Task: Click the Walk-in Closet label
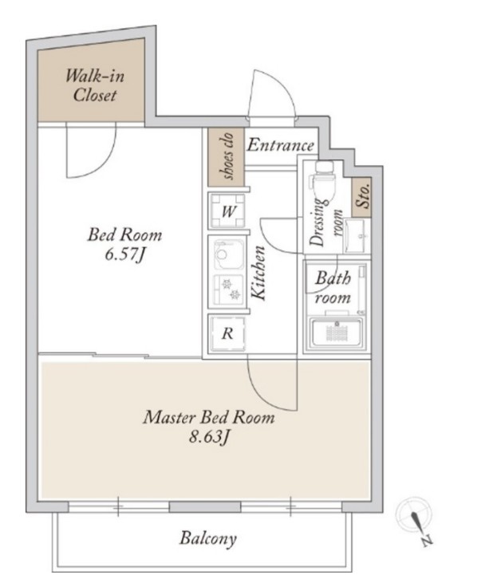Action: pos(95,85)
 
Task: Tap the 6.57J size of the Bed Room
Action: pos(124,254)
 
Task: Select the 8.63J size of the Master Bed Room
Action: pos(209,438)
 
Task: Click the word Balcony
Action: pos(208,538)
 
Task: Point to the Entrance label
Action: pos(280,145)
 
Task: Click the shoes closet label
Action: pos(227,156)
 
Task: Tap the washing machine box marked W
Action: pos(227,211)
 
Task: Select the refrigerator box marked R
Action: pos(227,334)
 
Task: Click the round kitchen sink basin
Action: pos(223,254)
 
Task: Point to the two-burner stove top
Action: pos(229,289)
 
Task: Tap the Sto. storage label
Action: pos(361,198)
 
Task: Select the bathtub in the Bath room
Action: pos(336,333)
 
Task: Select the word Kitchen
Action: pos(258,273)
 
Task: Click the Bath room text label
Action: pos(333,288)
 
